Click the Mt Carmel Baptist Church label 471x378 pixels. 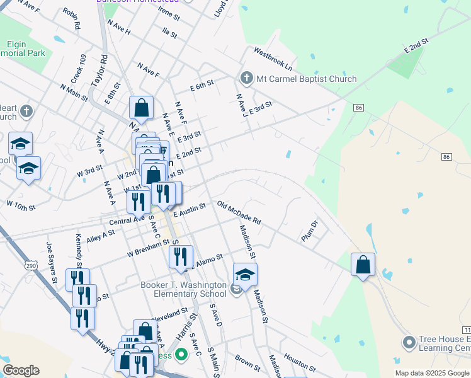pyautogui.click(x=306, y=79)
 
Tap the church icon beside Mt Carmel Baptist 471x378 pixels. pyautogui.click(x=246, y=79)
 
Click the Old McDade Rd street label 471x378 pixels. pyautogui.click(x=239, y=213)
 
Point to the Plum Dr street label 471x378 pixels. pyautogui.click(x=310, y=229)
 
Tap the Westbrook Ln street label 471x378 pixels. pyautogui.click(x=274, y=58)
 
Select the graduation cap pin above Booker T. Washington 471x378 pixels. pyautogui.click(x=245, y=274)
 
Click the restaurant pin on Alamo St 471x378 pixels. pyautogui.click(x=181, y=255)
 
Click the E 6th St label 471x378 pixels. pyautogui.click(x=202, y=84)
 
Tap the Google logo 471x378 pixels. pyautogui.click(x=20, y=370)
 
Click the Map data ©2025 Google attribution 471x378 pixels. pyautogui.click(x=431, y=373)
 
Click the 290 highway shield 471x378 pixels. pyautogui.click(x=31, y=266)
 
